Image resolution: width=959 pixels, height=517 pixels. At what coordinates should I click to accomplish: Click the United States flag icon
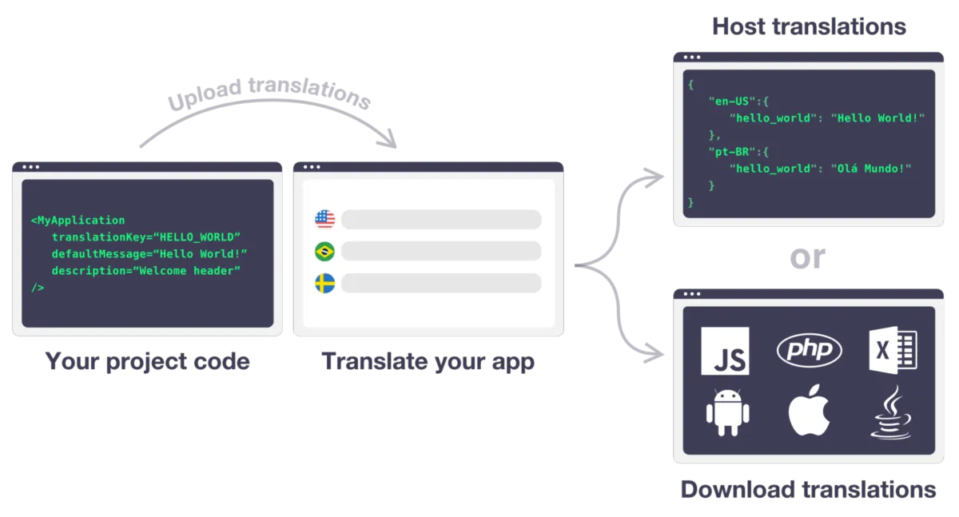(324, 219)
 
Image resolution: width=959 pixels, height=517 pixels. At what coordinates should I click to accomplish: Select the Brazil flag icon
(324, 252)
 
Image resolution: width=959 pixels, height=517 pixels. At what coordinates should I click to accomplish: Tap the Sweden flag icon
(324, 284)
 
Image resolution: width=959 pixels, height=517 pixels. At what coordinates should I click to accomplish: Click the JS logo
(725, 351)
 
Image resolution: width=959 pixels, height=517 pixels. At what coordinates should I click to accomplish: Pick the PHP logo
(809, 350)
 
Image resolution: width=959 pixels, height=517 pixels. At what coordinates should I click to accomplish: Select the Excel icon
(893, 350)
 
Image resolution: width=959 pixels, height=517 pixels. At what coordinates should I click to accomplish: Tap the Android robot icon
(727, 412)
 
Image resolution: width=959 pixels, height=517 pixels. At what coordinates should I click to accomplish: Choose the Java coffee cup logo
(891, 412)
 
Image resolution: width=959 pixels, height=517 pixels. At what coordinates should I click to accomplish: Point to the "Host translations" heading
(809, 27)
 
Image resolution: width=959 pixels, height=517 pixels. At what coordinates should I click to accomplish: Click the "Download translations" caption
(808, 489)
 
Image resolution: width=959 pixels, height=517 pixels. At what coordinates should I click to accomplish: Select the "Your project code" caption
(147, 361)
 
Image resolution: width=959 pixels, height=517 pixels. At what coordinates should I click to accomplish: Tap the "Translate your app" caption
(428, 361)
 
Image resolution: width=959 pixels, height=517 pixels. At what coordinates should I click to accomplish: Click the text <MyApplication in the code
(78, 220)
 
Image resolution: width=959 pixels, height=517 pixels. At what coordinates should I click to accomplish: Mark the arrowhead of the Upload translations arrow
(389, 145)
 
